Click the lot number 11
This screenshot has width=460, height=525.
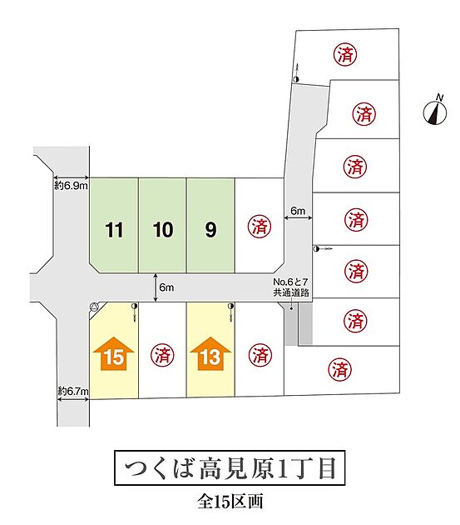pos(114,230)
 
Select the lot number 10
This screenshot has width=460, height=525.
pos(163,230)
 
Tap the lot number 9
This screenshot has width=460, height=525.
pos(210,230)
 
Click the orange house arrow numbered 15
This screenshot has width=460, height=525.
pos(114,353)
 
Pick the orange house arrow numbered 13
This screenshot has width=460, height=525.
pos(210,353)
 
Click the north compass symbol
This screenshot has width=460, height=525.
pos(435,112)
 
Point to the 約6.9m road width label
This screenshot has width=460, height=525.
pos(72,186)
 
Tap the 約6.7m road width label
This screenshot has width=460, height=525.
pos(73,390)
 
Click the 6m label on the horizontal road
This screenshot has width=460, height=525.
pos(166,287)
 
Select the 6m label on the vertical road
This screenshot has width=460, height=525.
pos(298,211)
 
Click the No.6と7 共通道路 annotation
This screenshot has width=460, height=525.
pos(291,287)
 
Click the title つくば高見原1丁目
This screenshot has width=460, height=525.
pos(230,468)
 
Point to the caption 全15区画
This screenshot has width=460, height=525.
pos(230,502)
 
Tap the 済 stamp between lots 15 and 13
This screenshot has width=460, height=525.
pos(162,355)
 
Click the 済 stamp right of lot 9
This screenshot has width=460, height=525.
pos(259,227)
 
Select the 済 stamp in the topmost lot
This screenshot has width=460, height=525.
pos(345,54)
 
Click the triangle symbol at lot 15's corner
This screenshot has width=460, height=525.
pos(95,307)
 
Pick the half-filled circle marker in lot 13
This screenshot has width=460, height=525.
pos(230,306)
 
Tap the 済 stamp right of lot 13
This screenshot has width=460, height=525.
pos(260,354)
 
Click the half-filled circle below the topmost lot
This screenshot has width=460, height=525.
pos(296,79)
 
